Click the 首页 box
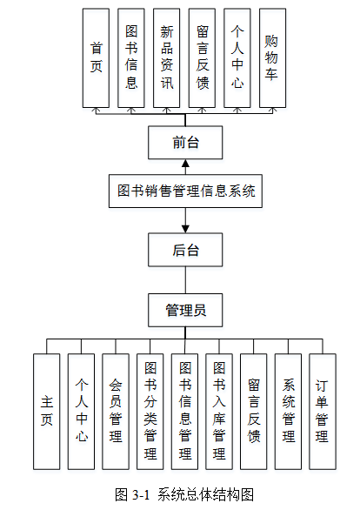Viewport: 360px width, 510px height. coord(96,57)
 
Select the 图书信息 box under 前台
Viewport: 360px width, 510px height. coord(131,57)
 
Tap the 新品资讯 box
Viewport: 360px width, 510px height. coord(167,57)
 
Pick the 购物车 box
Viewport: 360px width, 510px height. coord(273,57)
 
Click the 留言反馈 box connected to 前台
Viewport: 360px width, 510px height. coord(202,57)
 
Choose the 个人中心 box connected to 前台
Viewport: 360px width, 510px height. coord(237,57)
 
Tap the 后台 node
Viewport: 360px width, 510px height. coord(185,251)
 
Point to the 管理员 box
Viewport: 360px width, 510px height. coord(185,309)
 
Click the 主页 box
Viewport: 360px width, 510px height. coord(47,410)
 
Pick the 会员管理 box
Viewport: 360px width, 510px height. coord(116,410)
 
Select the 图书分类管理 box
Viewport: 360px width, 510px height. coord(150,410)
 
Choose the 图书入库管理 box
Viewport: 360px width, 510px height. coord(219,410)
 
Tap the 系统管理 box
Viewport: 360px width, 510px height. coord(288,410)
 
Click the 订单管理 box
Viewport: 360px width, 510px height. coord(322,410)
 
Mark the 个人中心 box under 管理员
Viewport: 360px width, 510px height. coord(82,410)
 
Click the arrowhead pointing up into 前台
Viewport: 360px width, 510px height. coord(185,164)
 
